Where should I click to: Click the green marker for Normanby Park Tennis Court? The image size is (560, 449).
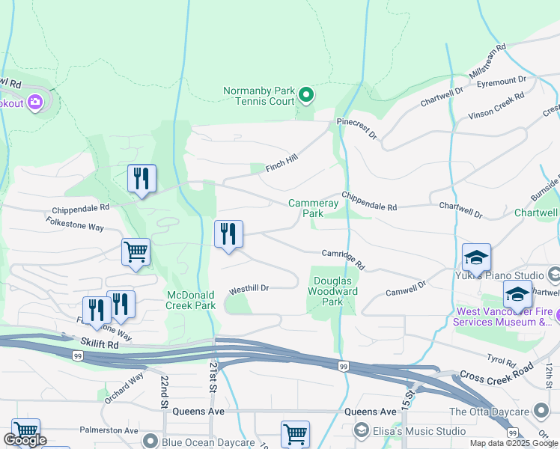coord(305,95)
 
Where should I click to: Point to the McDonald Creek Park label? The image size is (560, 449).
coord(191,300)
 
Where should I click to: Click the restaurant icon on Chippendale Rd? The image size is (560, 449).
coord(141,179)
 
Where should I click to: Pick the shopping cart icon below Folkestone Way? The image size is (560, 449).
coord(136,252)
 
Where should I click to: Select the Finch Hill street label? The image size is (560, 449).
coord(281,164)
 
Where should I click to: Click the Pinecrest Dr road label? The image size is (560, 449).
coord(357,127)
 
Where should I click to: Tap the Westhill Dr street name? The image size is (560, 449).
coord(249,288)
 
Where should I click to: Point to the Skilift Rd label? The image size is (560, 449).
coord(101,346)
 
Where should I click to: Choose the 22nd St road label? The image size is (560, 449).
coord(164,392)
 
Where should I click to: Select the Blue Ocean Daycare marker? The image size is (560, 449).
coord(151,441)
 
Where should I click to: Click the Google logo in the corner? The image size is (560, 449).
coord(24,440)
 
